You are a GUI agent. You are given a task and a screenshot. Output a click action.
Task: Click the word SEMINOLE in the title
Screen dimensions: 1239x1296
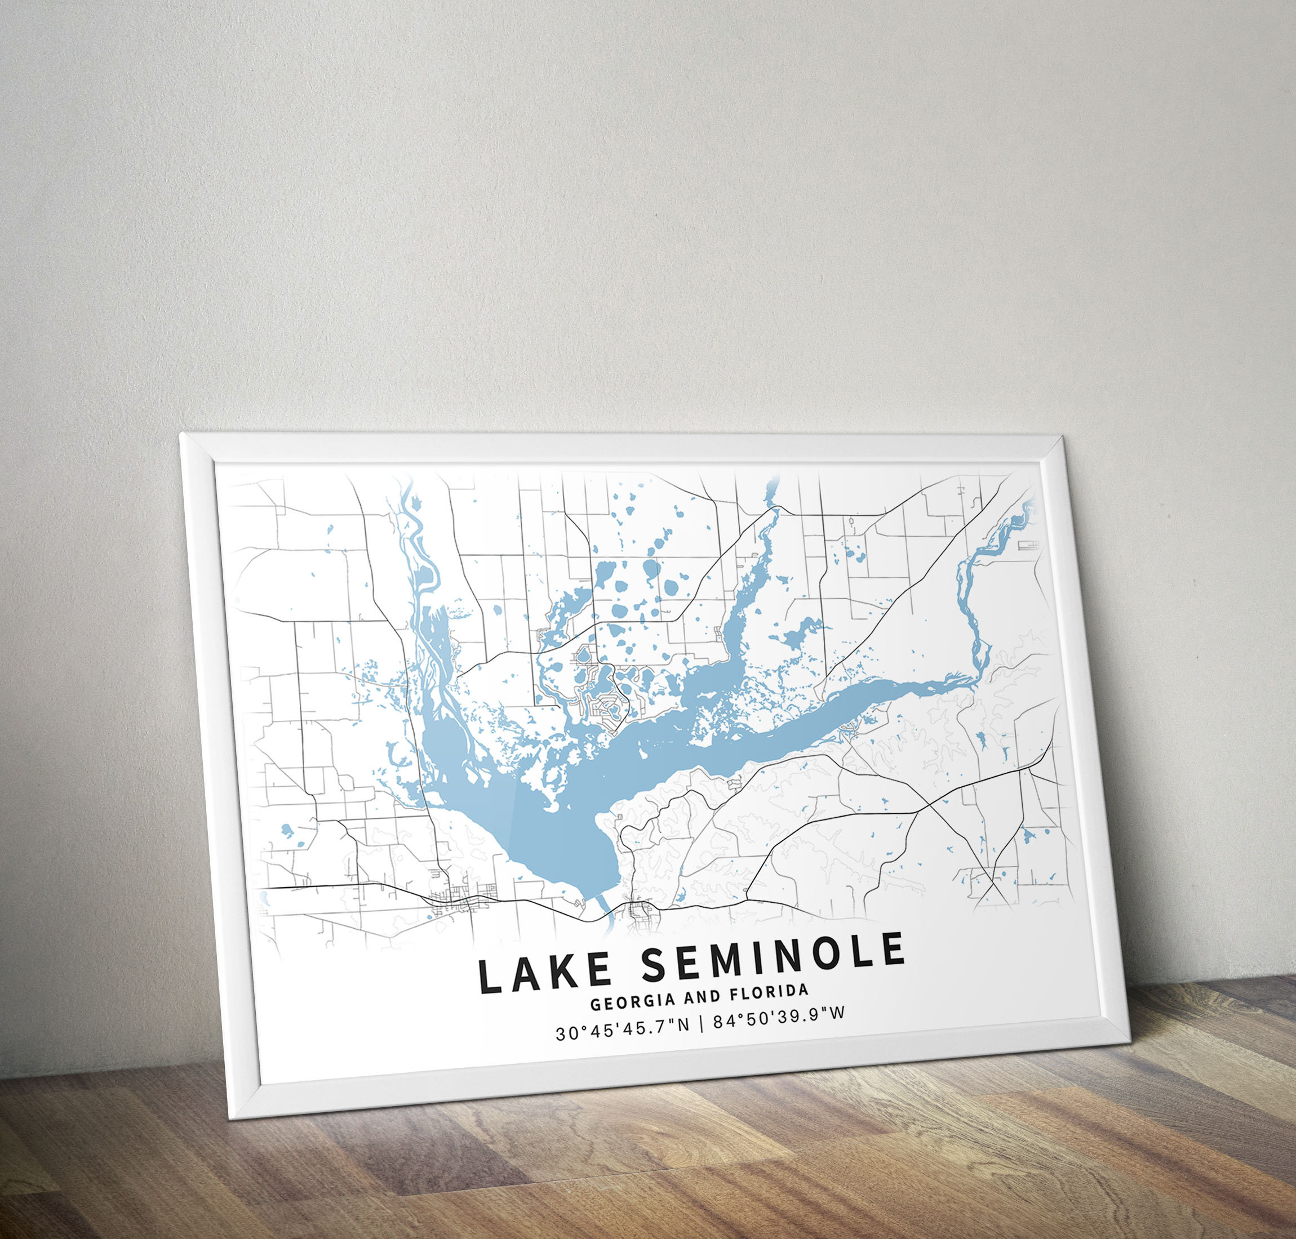point(772,956)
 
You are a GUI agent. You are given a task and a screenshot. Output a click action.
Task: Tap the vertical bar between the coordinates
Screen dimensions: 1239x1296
point(700,1026)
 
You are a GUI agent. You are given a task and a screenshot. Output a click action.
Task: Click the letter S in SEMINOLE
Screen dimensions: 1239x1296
point(655,965)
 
